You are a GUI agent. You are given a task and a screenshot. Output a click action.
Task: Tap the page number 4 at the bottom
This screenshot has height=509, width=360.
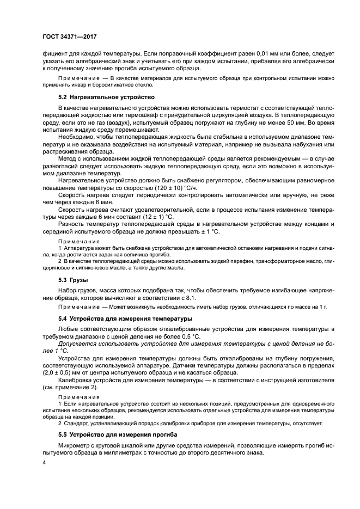[x=45, y=462]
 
